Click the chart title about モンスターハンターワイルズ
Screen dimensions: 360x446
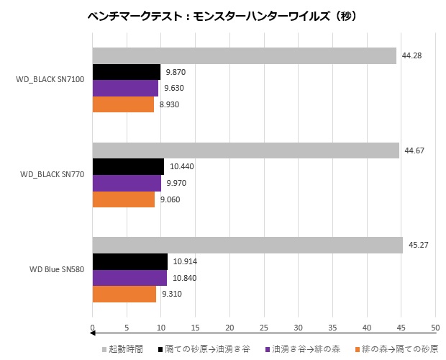point(222,15)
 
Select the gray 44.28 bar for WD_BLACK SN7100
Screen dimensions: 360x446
point(244,56)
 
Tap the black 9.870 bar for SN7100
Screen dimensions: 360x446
point(127,72)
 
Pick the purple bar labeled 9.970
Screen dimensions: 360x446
point(127,183)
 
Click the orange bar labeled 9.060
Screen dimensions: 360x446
point(124,199)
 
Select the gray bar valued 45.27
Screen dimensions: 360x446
point(247,246)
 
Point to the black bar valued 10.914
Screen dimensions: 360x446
point(130,261)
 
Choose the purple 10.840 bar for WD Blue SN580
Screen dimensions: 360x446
point(129,278)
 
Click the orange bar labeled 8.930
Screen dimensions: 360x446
point(123,104)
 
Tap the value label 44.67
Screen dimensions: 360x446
point(416,150)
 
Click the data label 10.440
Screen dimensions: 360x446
point(182,167)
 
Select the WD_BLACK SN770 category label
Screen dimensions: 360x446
point(53,174)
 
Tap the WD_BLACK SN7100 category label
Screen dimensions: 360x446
point(51,79)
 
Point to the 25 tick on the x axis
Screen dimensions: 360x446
point(264,327)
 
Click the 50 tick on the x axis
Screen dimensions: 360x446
point(435,327)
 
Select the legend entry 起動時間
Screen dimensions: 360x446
point(126,348)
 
